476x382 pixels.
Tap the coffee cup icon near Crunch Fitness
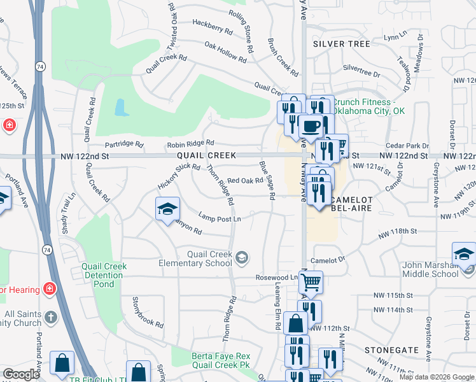pos(310,127)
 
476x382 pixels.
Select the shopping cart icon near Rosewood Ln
pos(311,281)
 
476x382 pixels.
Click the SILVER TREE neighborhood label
pos(342,44)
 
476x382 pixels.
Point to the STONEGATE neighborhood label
pos(391,350)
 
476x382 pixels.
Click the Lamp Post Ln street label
pos(220,218)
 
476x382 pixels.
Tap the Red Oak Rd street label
pos(245,181)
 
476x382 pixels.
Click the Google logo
pos(21,374)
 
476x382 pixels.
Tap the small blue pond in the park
pos(121,107)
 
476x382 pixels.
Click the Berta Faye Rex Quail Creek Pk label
pos(221,360)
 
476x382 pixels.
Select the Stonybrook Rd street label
pos(147,311)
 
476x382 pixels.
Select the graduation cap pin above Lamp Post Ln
pos(168,209)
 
